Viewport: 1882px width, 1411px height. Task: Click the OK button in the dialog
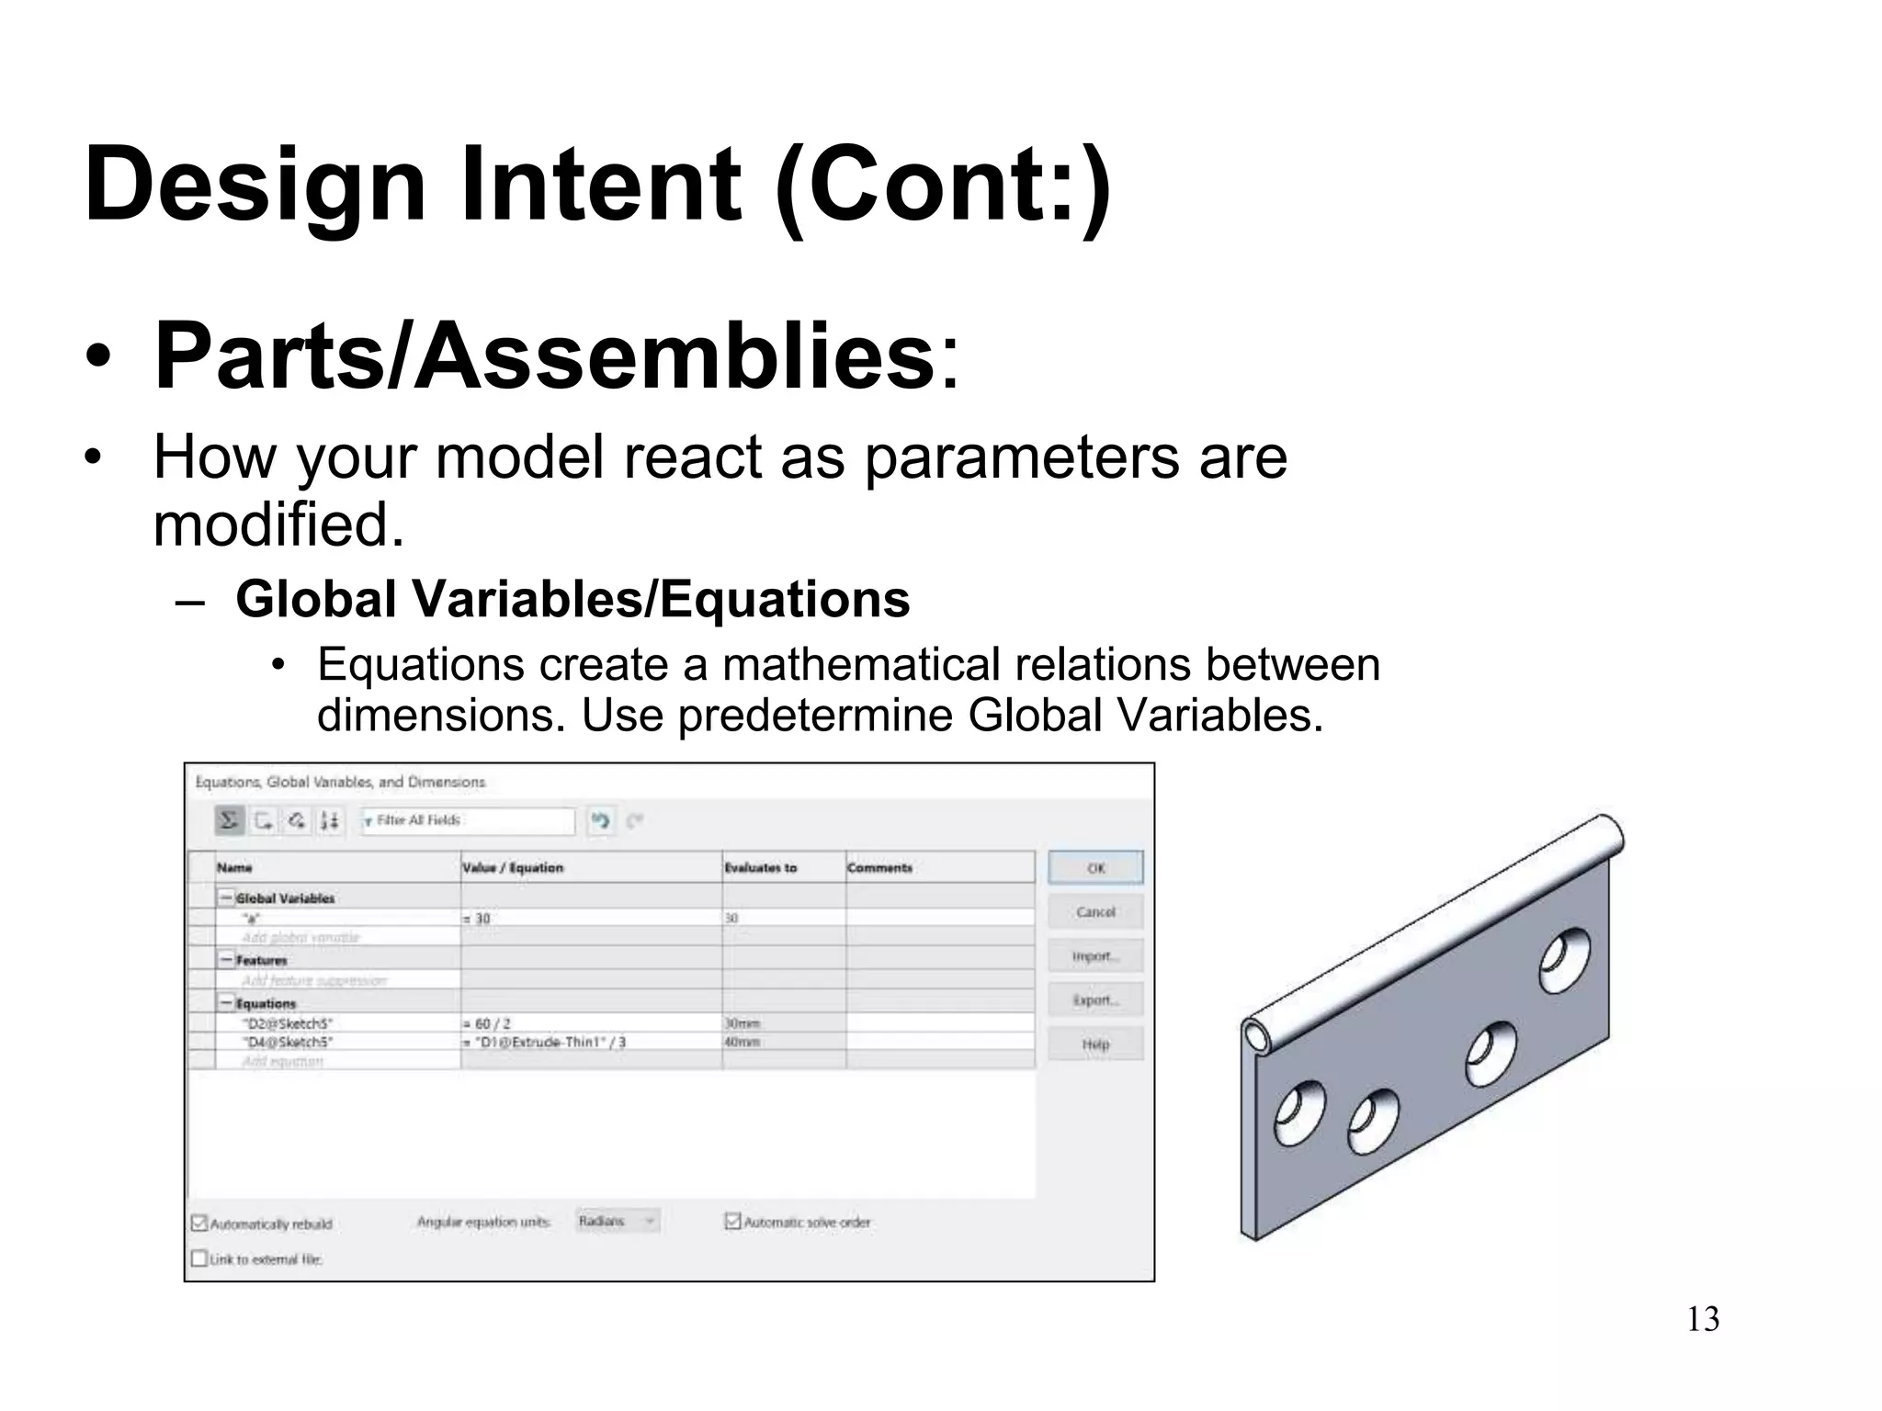pyautogui.click(x=1095, y=868)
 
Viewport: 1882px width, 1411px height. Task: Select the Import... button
pyautogui.click(x=1095, y=956)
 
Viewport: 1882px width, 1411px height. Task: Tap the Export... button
pyautogui.click(x=1095, y=1000)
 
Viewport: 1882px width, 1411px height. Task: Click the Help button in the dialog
pyautogui.click(x=1095, y=1044)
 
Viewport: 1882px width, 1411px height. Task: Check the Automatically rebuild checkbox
pyautogui.click(x=199, y=1223)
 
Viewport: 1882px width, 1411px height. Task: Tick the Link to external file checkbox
pyautogui.click(x=199, y=1259)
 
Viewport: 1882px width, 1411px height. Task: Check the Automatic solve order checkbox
pyautogui.click(x=732, y=1222)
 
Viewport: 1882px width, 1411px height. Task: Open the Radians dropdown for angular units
pyautogui.click(x=618, y=1221)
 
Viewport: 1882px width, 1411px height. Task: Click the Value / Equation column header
pyautogui.click(x=513, y=867)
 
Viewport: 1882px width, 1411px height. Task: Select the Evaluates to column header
pyautogui.click(x=761, y=867)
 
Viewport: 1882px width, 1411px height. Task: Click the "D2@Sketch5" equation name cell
pyautogui.click(x=287, y=1023)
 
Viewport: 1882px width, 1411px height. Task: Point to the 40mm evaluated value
pyautogui.click(x=743, y=1043)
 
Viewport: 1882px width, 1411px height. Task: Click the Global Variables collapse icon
pyautogui.click(x=226, y=897)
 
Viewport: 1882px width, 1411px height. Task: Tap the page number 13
pyautogui.click(x=1703, y=1319)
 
